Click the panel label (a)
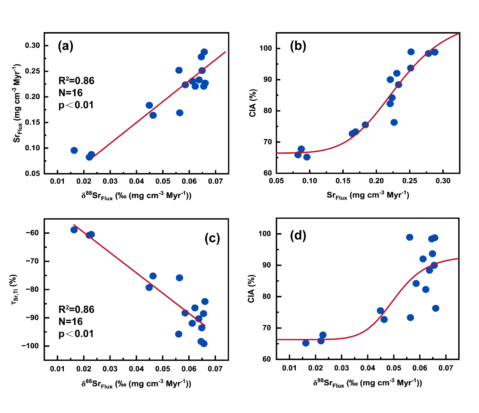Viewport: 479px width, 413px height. [x=65, y=46]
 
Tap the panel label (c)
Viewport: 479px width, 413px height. [x=212, y=238]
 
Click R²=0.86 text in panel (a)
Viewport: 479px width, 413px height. [x=76, y=80]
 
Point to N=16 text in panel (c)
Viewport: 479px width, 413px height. [x=71, y=322]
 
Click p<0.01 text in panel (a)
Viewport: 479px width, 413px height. [x=76, y=105]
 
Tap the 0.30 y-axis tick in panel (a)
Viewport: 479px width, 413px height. [x=32, y=46]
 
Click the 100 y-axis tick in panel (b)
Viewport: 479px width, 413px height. [x=265, y=48]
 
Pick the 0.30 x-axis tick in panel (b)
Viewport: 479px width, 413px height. [x=443, y=181]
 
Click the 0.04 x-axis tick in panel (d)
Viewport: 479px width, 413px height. [x=368, y=367]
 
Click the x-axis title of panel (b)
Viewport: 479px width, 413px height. [x=368, y=195]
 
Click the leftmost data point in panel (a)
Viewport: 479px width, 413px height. [x=74, y=150]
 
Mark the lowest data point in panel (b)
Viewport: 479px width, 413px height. [x=307, y=157]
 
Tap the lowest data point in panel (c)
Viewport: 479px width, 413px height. [x=204, y=343]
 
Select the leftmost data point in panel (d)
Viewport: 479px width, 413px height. [x=306, y=343]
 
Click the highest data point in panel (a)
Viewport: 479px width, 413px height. [x=204, y=52]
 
